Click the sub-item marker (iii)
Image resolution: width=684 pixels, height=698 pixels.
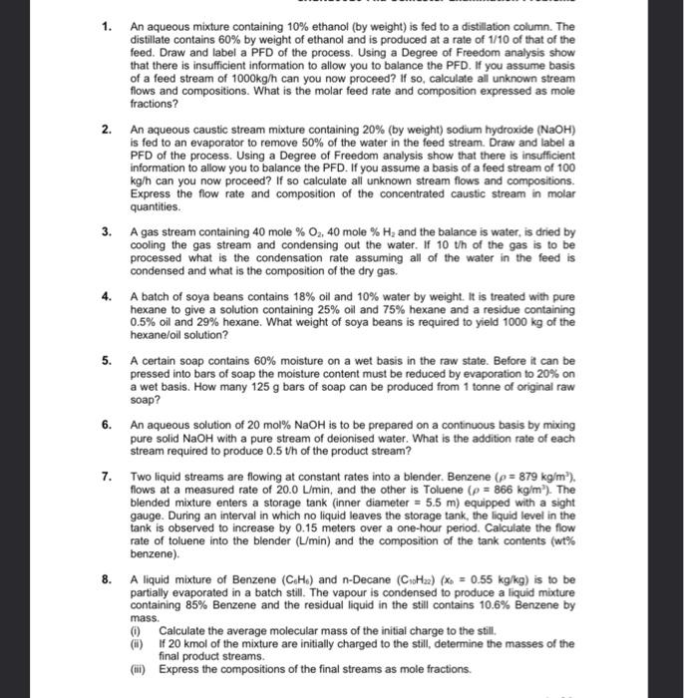pos(139,671)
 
